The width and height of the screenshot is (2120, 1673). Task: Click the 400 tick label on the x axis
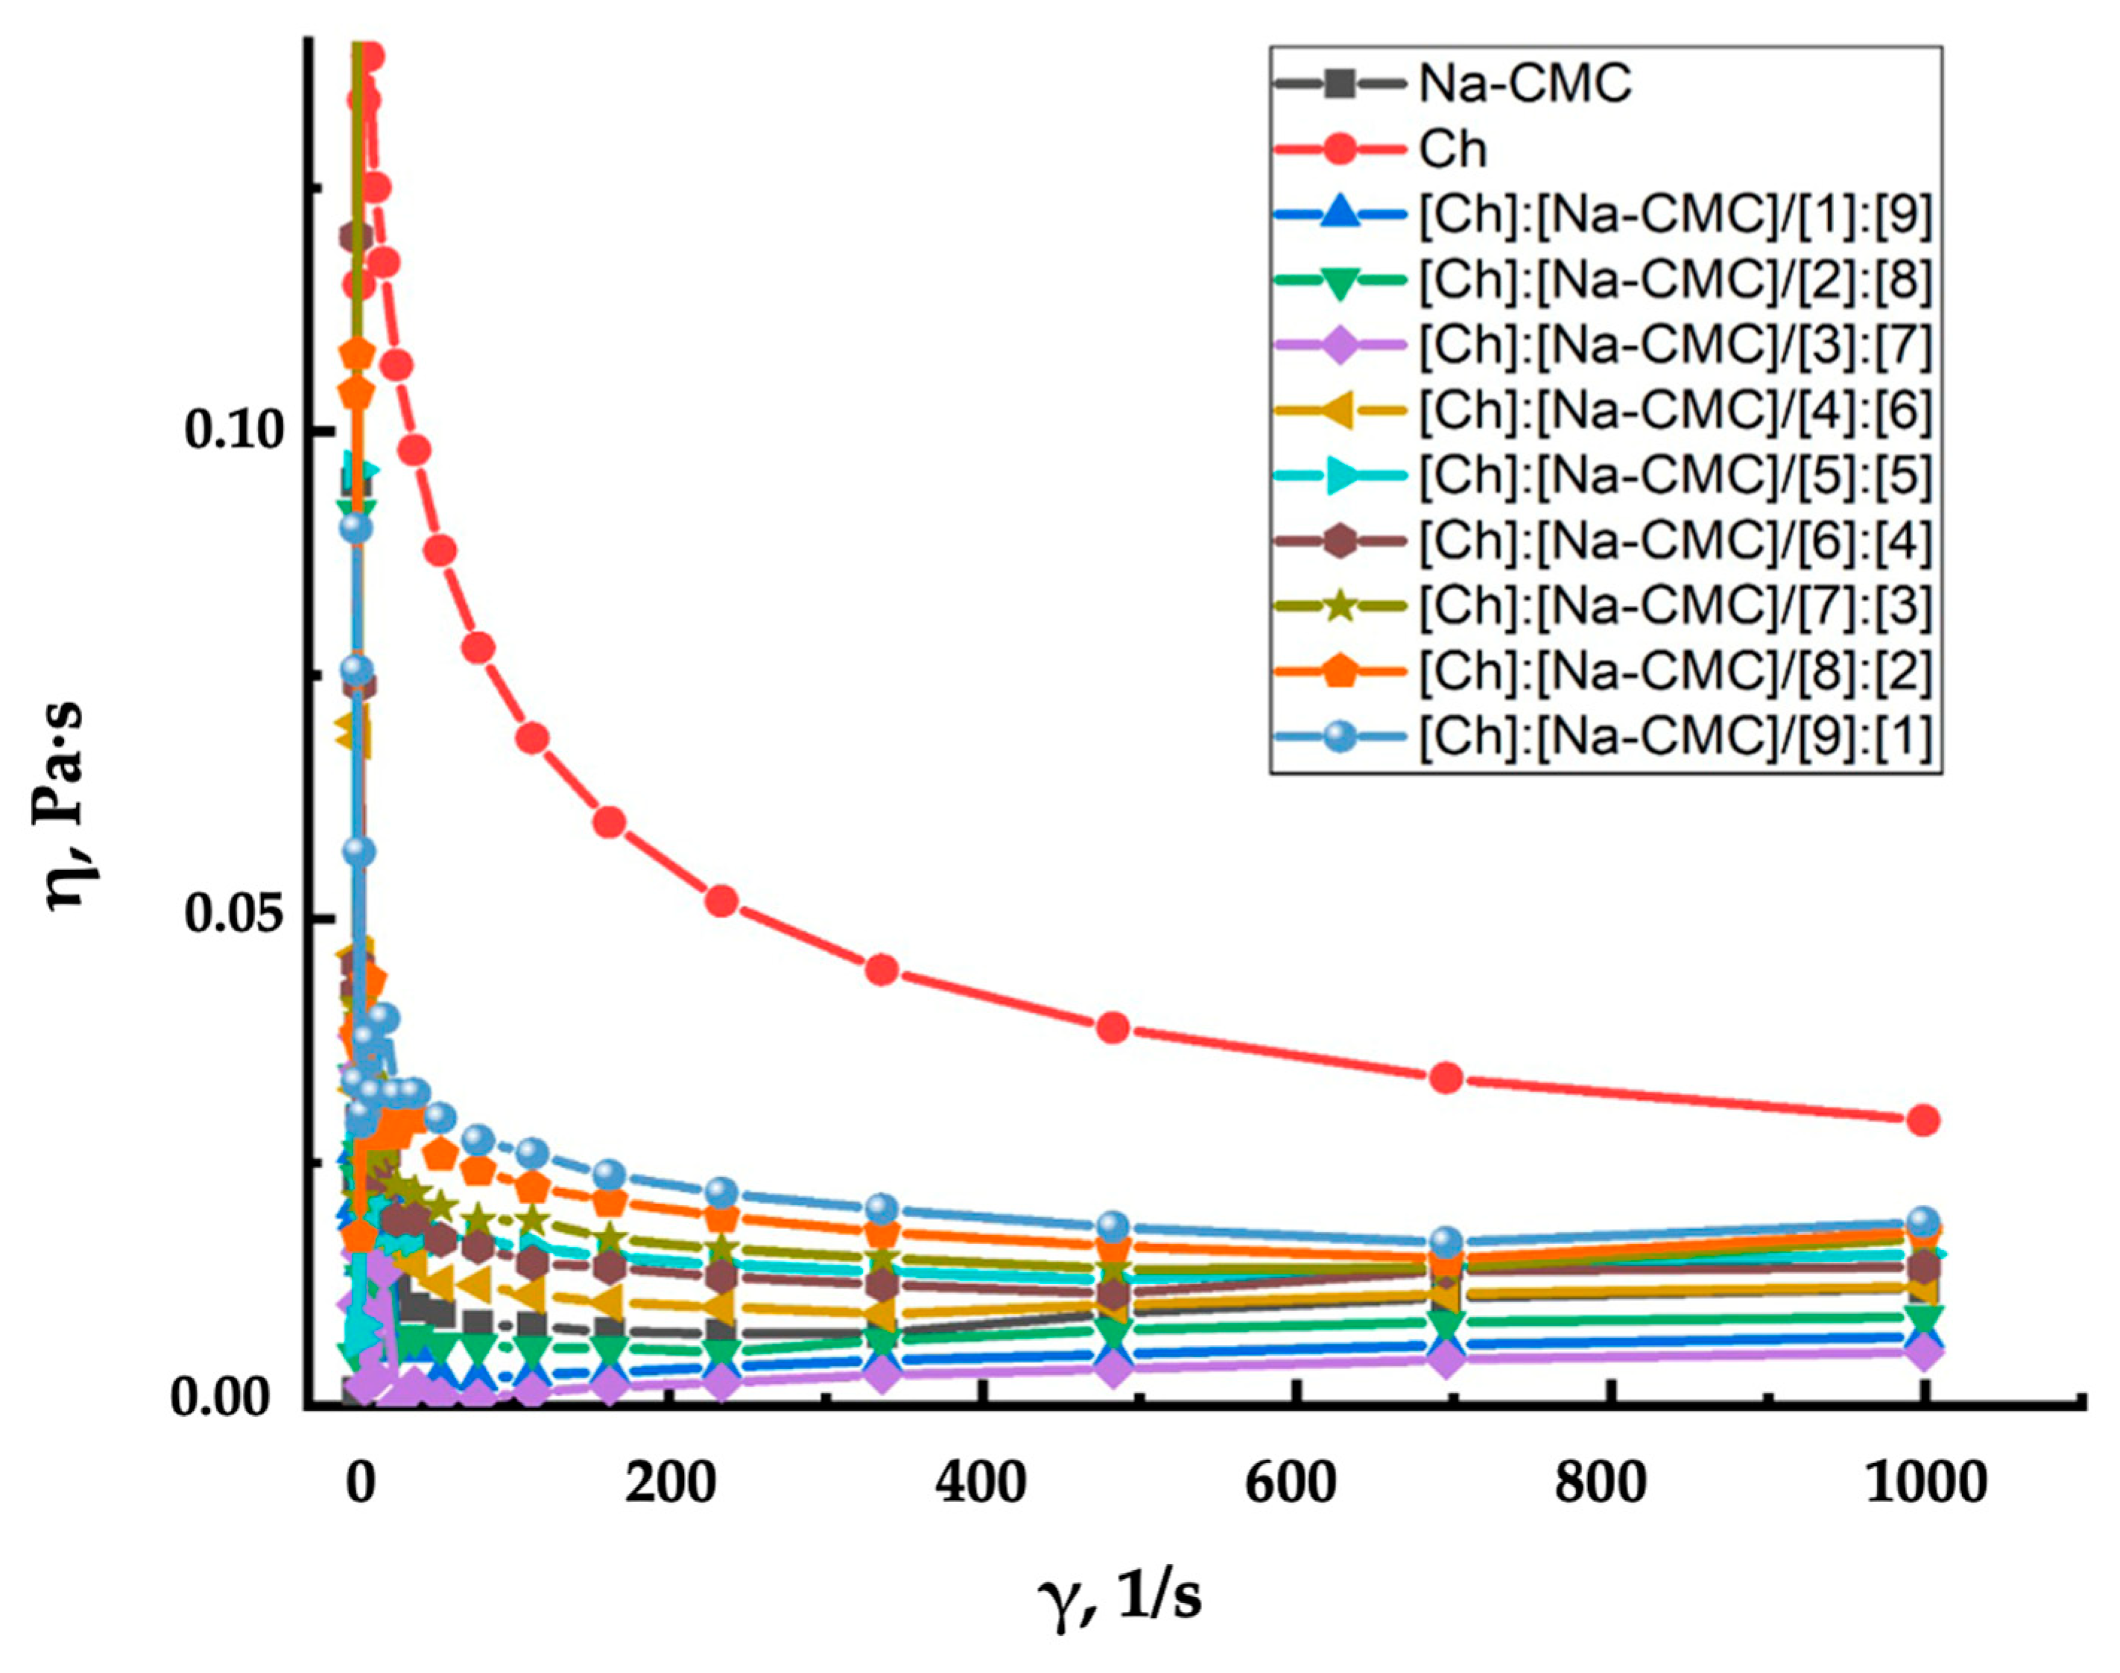980,1484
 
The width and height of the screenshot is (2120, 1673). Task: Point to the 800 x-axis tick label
1600,1484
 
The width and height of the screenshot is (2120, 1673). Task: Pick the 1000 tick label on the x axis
1924,1484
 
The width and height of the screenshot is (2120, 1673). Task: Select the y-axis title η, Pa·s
71,805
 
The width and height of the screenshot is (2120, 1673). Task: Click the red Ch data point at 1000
1923,1120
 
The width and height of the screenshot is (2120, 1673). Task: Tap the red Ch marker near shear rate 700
1446,1077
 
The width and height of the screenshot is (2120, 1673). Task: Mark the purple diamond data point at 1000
1923,1353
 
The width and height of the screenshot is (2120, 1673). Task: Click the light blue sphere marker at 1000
1923,1222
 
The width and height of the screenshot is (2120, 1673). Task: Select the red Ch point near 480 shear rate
1113,1026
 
